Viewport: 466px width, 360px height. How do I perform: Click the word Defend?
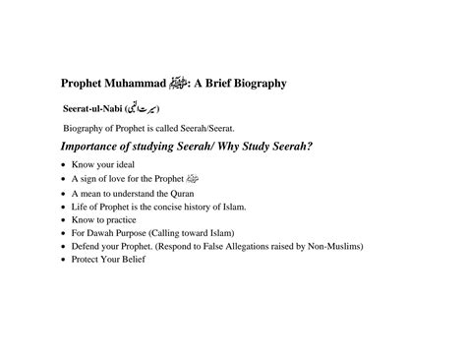[x=88, y=246]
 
